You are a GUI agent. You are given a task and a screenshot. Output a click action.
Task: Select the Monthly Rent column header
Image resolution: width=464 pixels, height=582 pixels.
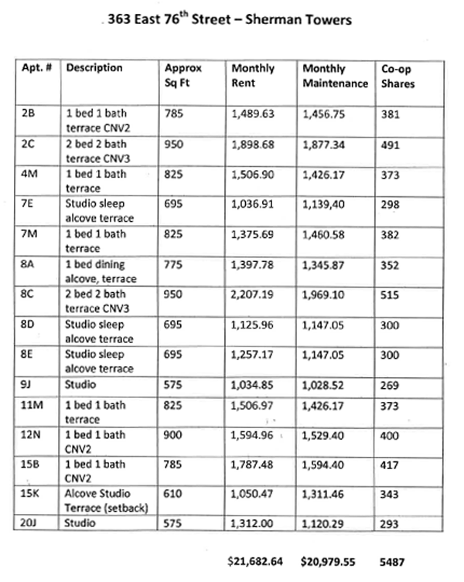(253, 76)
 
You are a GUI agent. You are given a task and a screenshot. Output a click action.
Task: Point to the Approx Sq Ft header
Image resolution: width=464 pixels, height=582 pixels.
(183, 76)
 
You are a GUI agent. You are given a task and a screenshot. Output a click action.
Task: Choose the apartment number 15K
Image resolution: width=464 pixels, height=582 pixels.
(31, 493)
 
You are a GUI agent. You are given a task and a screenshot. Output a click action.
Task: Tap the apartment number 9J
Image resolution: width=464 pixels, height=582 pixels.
(27, 384)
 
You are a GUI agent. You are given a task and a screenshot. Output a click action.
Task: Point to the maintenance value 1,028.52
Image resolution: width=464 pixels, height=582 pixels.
(324, 384)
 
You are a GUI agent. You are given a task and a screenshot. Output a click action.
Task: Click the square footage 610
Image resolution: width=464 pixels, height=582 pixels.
(174, 493)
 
